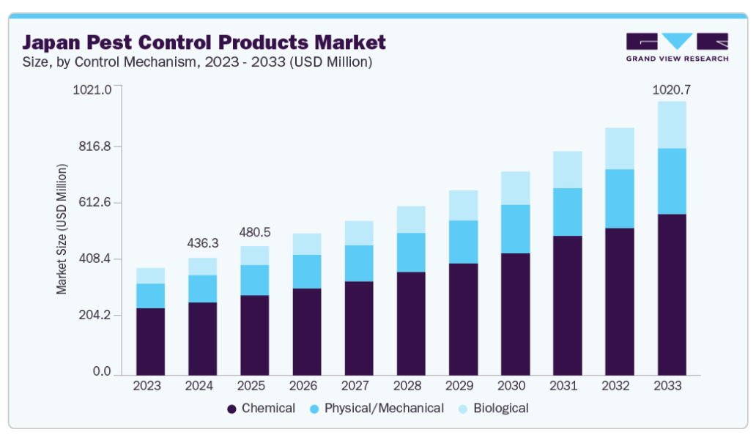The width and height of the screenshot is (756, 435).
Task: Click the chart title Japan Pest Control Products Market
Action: point(204,41)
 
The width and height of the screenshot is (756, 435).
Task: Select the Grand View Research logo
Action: point(676,47)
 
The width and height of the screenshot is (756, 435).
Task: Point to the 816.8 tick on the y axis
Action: point(94,146)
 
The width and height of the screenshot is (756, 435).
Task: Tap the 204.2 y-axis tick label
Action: point(94,316)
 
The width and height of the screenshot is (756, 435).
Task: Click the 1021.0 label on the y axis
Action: point(93,89)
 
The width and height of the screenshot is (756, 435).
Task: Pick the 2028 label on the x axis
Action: point(411,386)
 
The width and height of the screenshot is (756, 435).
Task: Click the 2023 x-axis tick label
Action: point(150,386)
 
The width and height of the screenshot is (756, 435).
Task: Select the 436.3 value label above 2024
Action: point(202,242)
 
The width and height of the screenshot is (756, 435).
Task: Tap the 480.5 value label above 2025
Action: point(254,232)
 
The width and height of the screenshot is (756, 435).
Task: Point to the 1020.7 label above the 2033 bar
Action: point(672,90)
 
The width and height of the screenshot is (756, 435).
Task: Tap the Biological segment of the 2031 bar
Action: point(567,170)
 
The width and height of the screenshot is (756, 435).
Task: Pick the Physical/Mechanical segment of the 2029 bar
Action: point(463,242)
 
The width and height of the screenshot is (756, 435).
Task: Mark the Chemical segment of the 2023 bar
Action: point(150,341)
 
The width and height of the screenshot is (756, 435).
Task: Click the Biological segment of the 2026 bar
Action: point(307,244)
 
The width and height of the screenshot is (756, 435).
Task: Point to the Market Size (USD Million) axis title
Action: point(62,229)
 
